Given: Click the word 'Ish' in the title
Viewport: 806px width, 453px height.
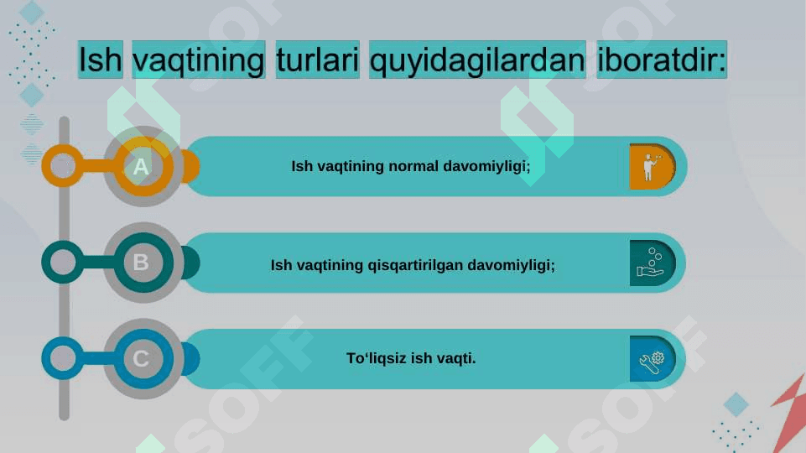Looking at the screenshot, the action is pos(101,60).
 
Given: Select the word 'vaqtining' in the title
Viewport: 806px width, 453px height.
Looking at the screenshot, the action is pos(199,60).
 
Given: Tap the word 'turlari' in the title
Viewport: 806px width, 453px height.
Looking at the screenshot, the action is pos(318,60).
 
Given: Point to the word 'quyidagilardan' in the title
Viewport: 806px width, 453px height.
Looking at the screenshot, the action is pos(477,60).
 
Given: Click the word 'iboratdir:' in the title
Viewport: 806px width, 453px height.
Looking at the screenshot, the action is pos(662,60).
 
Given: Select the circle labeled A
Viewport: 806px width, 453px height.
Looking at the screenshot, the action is pos(143,166).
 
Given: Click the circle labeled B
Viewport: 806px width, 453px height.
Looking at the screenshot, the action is pos(143,263).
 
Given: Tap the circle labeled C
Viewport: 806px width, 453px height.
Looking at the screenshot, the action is pos(143,358).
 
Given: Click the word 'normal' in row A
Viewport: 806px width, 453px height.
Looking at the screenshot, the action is pos(413,166).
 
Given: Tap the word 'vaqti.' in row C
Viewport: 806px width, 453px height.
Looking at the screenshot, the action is pos(456,358).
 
